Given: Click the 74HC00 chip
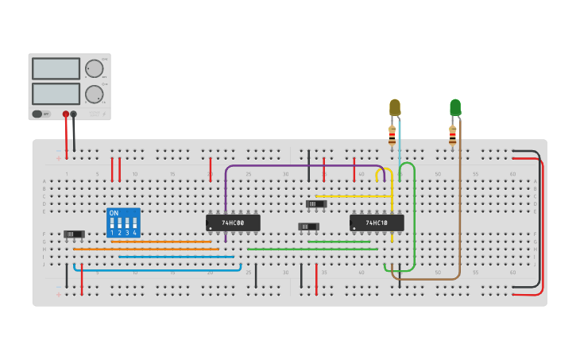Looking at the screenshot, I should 233,223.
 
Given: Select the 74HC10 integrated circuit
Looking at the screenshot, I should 377,223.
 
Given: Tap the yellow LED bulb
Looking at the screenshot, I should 395,106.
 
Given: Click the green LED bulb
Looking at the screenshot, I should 454,106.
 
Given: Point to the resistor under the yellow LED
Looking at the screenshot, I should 392,136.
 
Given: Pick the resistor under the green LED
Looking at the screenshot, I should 452,136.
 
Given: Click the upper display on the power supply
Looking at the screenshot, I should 56,68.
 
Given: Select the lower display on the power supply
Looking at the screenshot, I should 56,94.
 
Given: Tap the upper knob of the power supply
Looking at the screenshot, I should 94,68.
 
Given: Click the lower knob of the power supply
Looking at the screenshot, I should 94,94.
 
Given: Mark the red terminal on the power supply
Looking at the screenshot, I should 66,114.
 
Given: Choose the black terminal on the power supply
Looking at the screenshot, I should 74,114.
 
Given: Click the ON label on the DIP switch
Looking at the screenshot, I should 114,213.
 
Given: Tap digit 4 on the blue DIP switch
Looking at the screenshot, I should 134,233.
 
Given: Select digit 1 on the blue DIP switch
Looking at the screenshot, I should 112,233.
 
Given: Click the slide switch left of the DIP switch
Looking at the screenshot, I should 74,234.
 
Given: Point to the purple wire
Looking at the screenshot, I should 302,166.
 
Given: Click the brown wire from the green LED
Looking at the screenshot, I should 459,207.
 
